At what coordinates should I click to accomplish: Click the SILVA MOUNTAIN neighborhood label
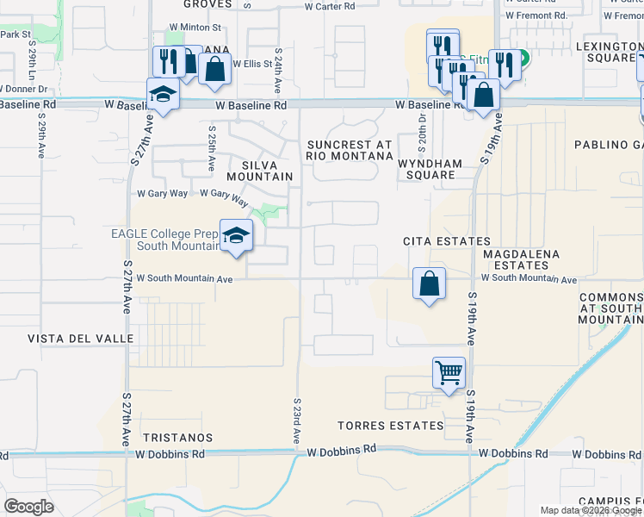click(x=254, y=169)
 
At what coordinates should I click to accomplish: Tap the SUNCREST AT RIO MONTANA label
click(x=349, y=150)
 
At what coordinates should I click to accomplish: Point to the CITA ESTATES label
click(x=447, y=242)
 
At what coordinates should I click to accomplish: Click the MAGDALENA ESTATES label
click(x=521, y=260)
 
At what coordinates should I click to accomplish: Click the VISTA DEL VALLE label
click(x=81, y=339)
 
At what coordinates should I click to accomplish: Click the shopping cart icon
click(x=449, y=372)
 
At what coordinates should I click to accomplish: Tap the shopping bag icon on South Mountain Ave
click(x=429, y=282)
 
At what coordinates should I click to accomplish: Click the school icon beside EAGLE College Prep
click(x=236, y=234)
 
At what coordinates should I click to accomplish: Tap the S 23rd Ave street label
click(x=296, y=420)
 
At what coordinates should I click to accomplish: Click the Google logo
click(x=29, y=507)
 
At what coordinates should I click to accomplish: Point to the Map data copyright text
click(x=591, y=510)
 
